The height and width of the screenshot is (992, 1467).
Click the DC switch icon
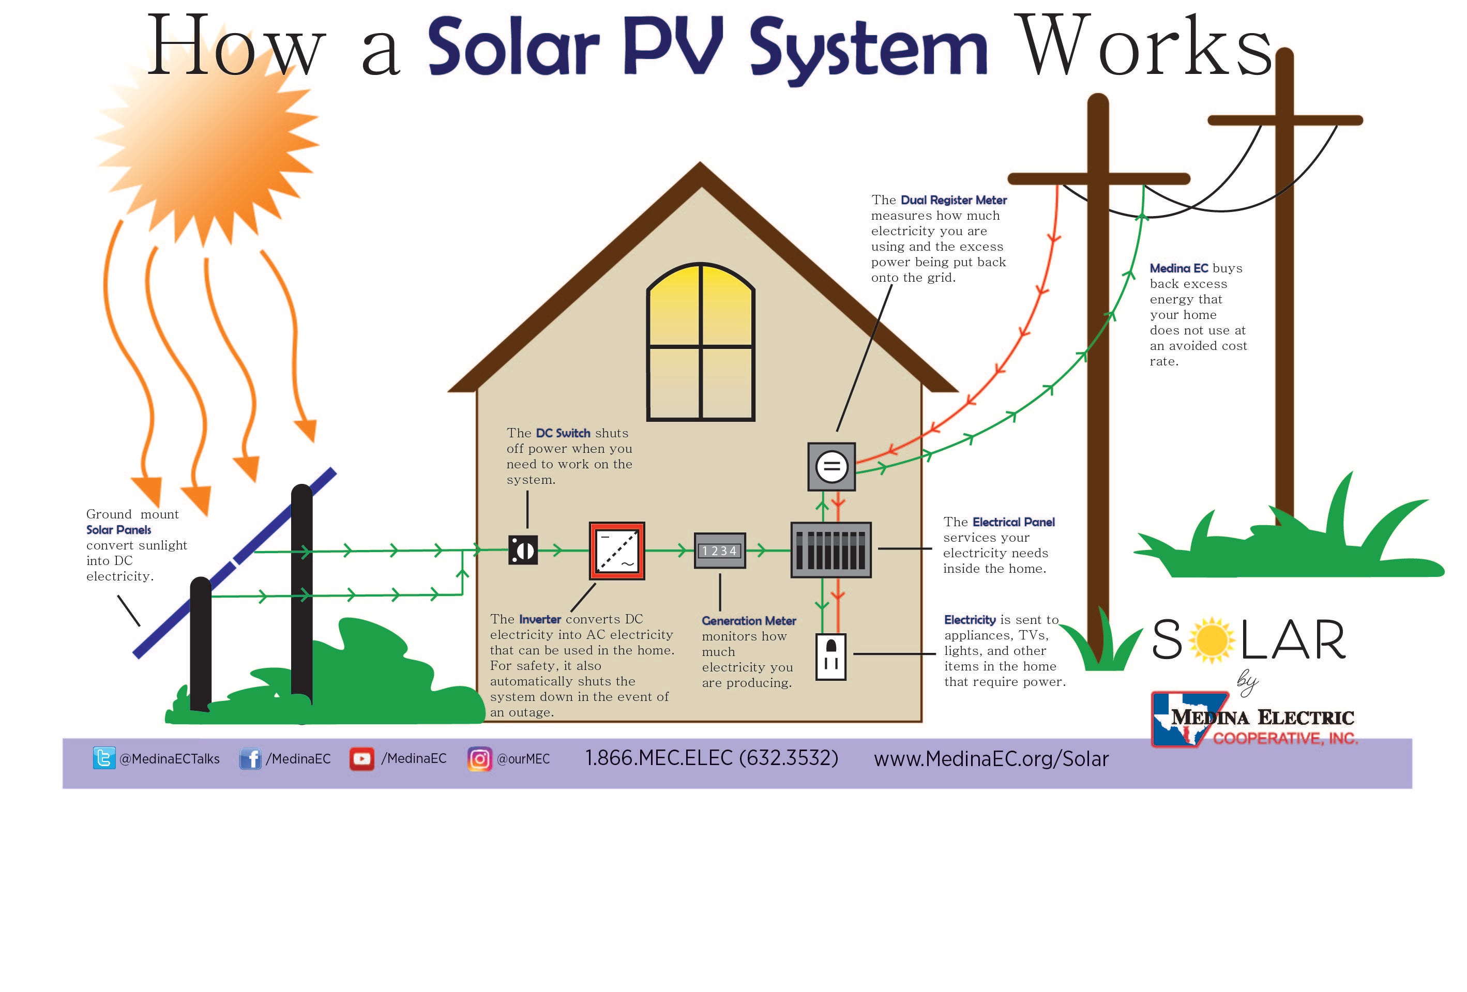tap(523, 550)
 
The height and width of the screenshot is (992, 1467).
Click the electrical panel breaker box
tap(830, 550)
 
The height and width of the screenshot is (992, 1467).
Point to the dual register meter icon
tap(831, 467)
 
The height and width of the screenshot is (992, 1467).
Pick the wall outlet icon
tap(830, 657)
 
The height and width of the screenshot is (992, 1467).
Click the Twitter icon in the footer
tap(103, 758)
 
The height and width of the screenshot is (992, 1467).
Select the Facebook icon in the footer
tap(250, 758)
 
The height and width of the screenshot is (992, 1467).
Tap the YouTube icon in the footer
tap(361, 758)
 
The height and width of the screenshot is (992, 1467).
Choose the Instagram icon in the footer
tap(479, 758)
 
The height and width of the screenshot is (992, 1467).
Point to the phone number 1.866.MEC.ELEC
tap(712, 758)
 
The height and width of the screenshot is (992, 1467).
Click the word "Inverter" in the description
tap(540, 620)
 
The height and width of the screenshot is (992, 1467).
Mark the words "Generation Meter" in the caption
tap(749, 621)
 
